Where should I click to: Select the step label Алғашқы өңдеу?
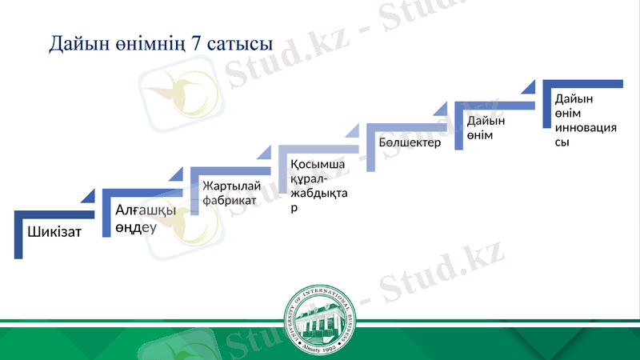[140, 218]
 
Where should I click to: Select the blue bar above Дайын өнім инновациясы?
[582, 84]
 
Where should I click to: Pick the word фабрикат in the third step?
[230, 200]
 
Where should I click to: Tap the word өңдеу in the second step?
[135, 226]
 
